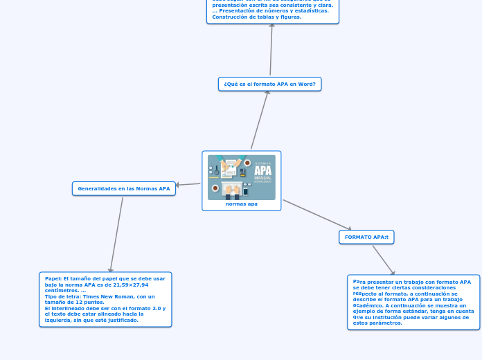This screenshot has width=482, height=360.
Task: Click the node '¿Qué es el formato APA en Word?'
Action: pos(269,84)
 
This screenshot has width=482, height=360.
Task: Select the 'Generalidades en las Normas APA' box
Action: pos(124,188)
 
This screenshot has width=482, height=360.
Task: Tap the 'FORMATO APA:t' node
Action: pos(366,237)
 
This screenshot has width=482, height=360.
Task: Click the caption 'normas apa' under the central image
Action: pos(241,204)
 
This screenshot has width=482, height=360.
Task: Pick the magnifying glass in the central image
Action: pos(217,170)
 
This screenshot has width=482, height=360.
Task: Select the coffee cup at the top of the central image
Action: pos(247,163)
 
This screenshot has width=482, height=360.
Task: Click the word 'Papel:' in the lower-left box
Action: pos(53,278)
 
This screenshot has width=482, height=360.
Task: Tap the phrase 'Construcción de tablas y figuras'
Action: pos(256,17)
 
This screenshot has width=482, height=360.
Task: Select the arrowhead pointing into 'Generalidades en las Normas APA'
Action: pos(179,185)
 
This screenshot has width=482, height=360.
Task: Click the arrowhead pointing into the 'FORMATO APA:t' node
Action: pos(348,228)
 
